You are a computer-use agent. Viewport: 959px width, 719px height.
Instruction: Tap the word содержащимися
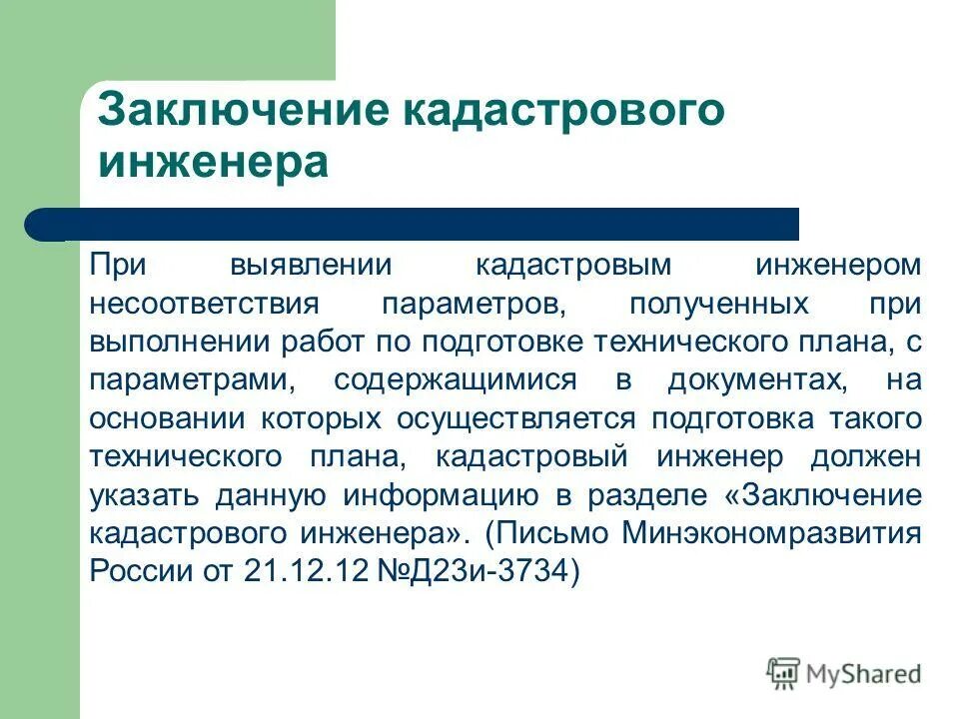456,380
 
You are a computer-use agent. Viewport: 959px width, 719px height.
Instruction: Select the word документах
749,380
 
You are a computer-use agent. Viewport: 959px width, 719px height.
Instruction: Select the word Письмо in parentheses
549,532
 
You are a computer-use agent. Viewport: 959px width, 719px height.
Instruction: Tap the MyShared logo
844,673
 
